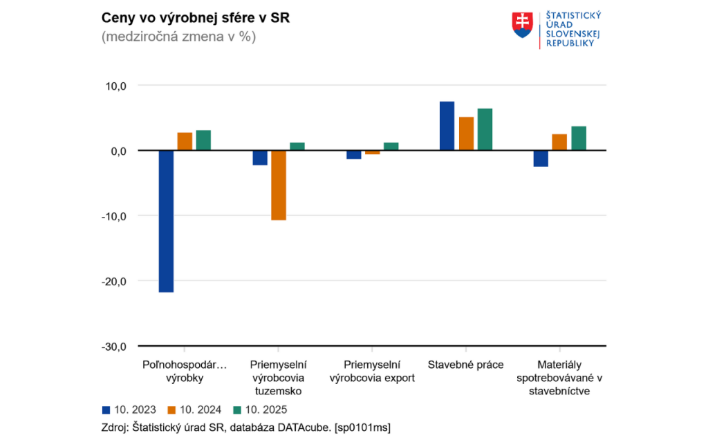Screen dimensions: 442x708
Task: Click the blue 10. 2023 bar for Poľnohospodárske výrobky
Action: click(166, 221)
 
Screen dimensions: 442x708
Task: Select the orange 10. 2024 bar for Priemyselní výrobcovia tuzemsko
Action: click(278, 185)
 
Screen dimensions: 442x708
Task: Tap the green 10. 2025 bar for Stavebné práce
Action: click(485, 129)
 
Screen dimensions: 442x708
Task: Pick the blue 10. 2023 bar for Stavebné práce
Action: click(447, 126)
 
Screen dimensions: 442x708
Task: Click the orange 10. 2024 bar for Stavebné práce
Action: click(466, 133)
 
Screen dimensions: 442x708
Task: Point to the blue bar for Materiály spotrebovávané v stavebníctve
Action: click(541, 158)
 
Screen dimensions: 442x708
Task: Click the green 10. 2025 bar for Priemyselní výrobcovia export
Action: click(391, 146)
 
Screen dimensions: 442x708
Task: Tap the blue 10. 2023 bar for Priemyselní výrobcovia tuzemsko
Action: click(260, 157)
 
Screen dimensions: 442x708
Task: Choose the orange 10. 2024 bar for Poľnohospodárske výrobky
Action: click(185, 141)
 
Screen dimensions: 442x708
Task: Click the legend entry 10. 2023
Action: click(129, 409)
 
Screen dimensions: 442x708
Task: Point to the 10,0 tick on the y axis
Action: click(115, 86)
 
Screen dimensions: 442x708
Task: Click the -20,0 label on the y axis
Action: click(114, 281)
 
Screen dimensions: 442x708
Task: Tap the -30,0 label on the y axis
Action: click(114, 346)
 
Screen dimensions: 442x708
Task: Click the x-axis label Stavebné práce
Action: click(466, 365)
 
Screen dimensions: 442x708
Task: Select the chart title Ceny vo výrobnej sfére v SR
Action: click(195, 18)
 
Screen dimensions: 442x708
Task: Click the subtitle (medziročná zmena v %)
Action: click(178, 37)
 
